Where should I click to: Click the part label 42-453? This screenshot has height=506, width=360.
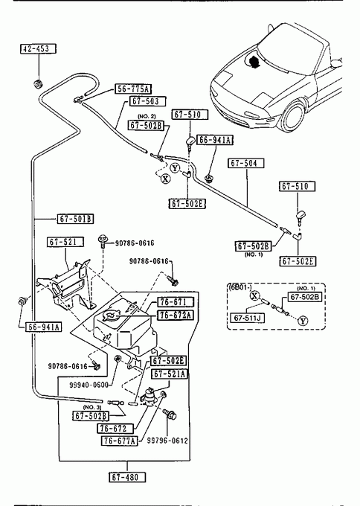coord(39,48)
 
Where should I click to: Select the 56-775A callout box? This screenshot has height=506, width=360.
coord(133,89)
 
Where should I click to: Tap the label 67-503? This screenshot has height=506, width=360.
coord(147,101)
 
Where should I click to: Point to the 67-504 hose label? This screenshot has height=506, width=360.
coord(245,163)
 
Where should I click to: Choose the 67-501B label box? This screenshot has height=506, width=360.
coord(75,219)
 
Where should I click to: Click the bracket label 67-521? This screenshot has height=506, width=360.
coord(65,242)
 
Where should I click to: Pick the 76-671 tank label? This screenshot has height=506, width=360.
coord(176,302)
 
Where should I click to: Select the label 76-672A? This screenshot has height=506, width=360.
coord(176,315)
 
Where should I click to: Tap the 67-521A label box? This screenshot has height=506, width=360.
coord(170,374)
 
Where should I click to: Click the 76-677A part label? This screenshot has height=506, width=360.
coord(120,441)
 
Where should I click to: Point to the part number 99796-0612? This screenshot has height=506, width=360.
coord(167,441)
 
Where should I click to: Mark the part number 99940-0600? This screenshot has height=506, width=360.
coord(89,385)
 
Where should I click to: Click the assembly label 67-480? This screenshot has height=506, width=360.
coord(127,477)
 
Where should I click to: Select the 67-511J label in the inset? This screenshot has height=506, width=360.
coord(247,318)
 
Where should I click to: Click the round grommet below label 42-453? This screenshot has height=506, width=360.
coord(39,83)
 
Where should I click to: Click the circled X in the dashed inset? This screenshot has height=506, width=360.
coord(255,295)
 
